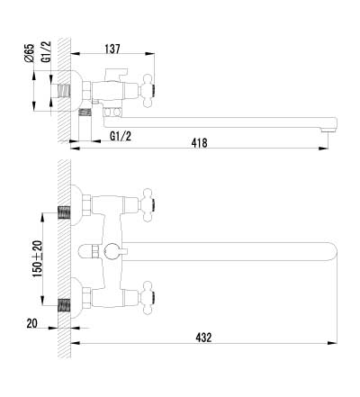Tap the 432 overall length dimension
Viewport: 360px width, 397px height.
tap(203, 338)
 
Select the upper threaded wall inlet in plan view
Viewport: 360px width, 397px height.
tap(64, 212)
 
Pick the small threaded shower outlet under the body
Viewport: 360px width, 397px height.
tap(86, 113)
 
